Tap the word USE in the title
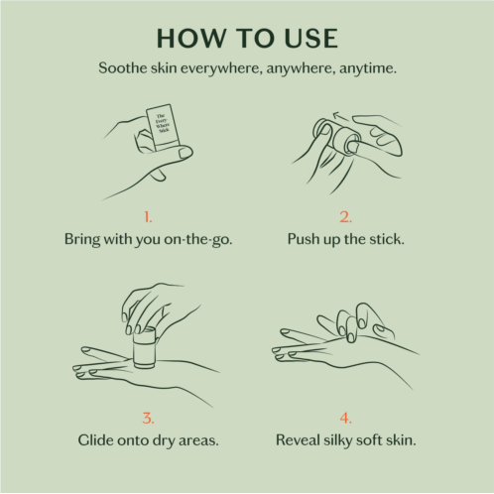tap(310, 39)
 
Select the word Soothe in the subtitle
tap(123, 68)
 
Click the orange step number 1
tap(148, 217)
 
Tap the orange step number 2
tap(345, 217)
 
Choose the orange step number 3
tap(148, 418)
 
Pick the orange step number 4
tap(345, 418)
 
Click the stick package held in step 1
tap(163, 126)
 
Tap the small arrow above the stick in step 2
tap(341, 116)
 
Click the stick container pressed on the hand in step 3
tap(145, 348)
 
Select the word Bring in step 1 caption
tap(82, 239)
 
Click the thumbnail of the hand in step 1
tap(185, 154)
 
